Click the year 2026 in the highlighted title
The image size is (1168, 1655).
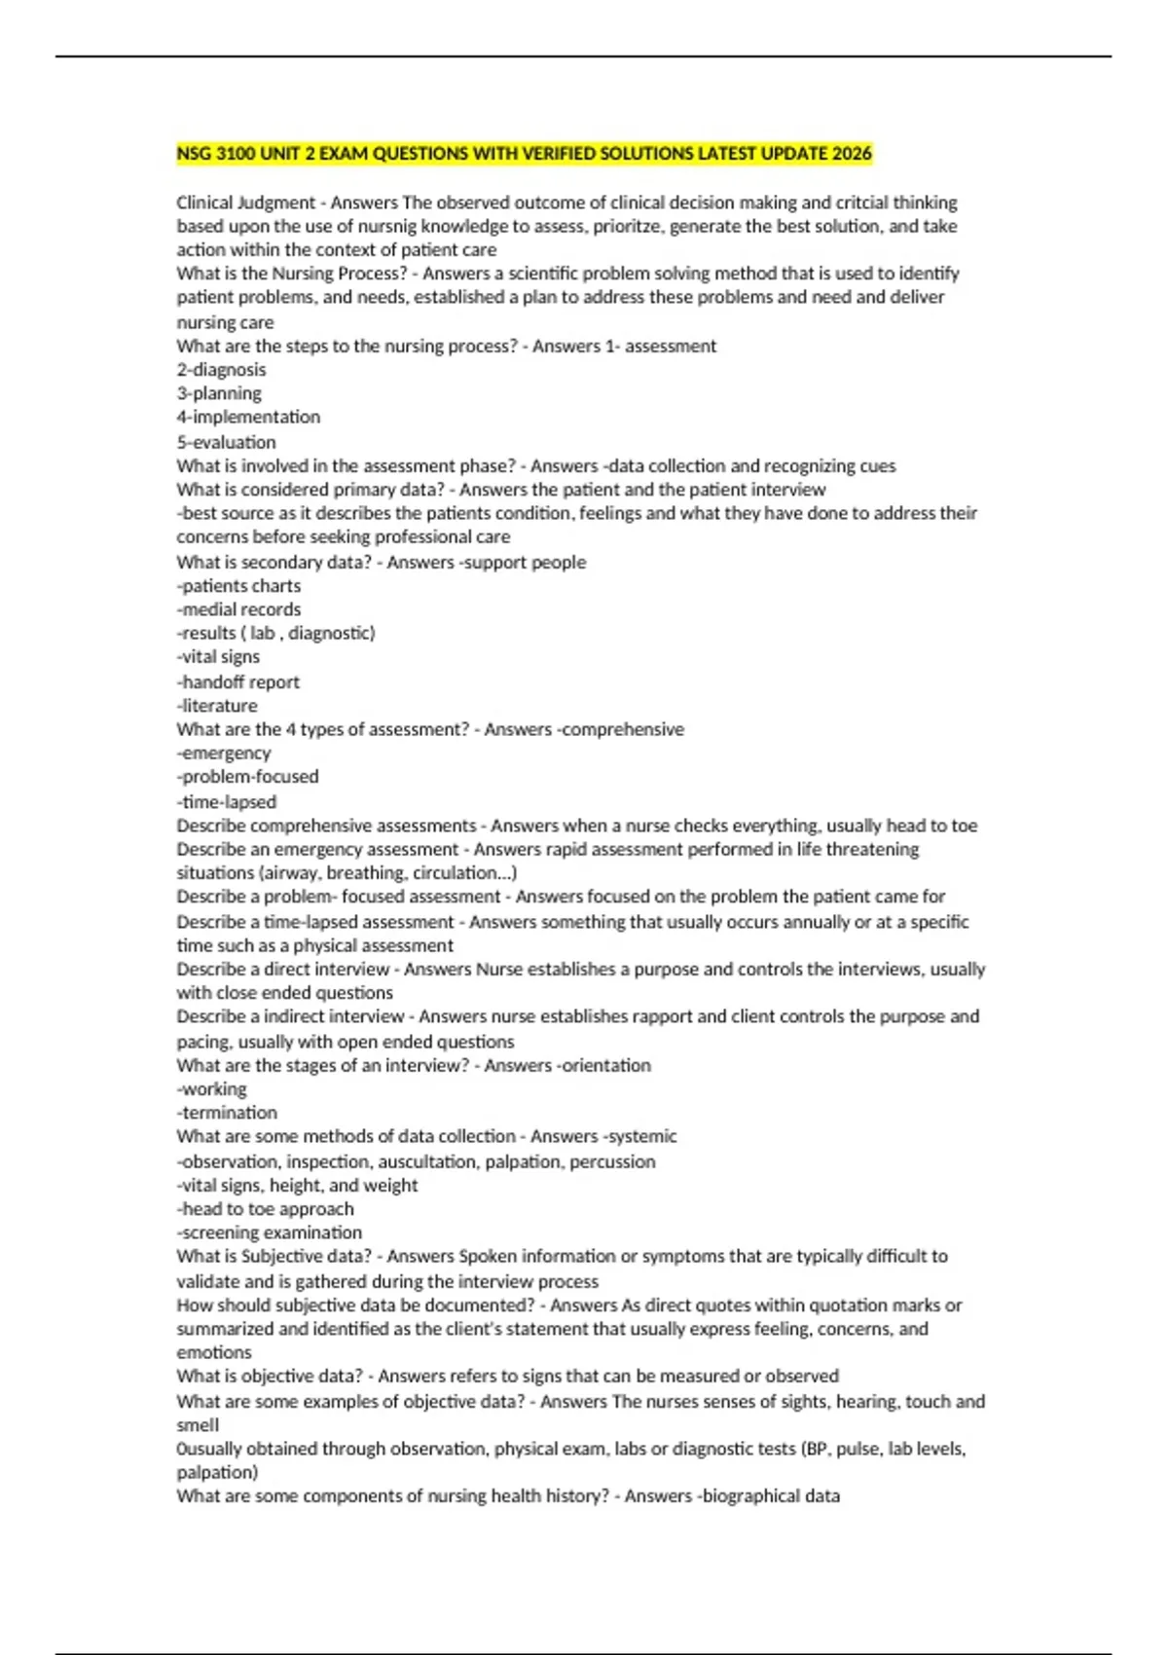pyautogui.click(x=852, y=154)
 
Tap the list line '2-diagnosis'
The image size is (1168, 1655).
pyautogui.click(x=221, y=370)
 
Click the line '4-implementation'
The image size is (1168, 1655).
pyautogui.click(x=248, y=418)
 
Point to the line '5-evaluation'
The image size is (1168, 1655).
pyautogui.click(x=226, y=442)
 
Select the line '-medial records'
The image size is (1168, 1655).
pyautogui.click(x=238, y=609)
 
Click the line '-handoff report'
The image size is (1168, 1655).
pyautogui.click(x=237, y=682)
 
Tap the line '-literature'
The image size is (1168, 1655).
pyautogui.click(x=217, y=706)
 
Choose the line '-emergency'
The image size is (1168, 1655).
pyautogui.click(x=224, y=754)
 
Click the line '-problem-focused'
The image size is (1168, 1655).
pyautogui.click(x=247, y=777)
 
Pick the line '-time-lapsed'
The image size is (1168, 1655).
pyautogui.click(x=227, y=802)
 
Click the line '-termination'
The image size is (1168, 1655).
pyautogui.click(x=227, y=1113)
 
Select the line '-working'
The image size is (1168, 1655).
pyautogui.click(x=211, y=1089)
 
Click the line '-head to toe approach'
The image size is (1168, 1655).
pyautogui.click(x=265, y=1209)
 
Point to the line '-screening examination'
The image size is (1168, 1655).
pyautogui.click(x=269, y=1232)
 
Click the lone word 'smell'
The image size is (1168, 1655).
pyautogui.click(x=198, y=1425)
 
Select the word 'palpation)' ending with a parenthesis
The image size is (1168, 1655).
pyautogui.click(x=217, y=1472)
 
